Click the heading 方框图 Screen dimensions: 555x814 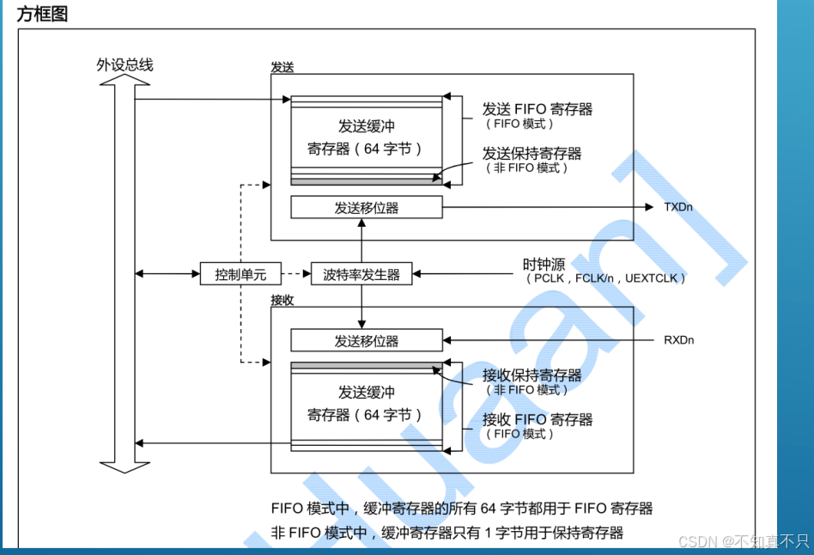42,14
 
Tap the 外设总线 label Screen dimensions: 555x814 125,65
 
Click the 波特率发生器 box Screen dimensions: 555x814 361,275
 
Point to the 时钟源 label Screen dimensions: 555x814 545,264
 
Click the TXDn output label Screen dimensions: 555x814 679,207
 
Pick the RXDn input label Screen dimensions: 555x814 679,340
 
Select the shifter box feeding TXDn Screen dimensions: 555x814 367,208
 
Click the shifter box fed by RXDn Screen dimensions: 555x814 367,341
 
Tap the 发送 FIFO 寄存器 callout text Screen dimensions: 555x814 538,109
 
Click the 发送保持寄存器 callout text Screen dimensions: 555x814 532,154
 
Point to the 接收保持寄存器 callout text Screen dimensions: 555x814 532,375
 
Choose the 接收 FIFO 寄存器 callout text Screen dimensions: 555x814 538,420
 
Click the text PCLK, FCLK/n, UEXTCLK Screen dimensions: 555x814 606,279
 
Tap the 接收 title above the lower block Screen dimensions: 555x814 282,300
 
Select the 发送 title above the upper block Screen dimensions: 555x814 282,67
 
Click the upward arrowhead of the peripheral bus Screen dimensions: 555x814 125,81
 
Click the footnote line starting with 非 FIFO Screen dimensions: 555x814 446,533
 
